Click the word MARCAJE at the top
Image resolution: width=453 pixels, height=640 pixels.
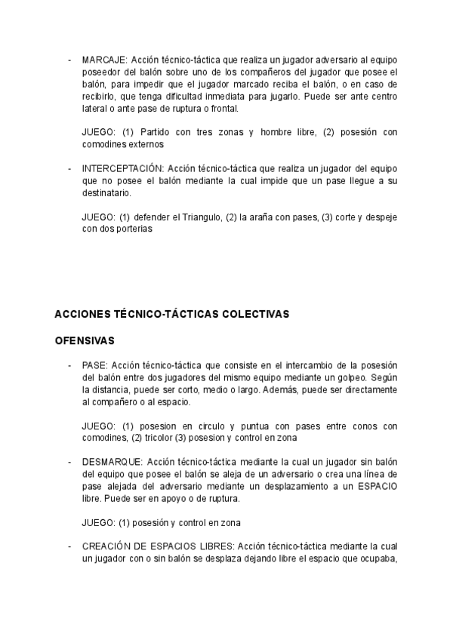[104, 60]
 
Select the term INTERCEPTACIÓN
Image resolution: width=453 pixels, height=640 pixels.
[123, 168]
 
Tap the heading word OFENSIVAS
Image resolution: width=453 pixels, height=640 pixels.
[85, 340]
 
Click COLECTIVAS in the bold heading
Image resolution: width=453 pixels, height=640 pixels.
[253, 313]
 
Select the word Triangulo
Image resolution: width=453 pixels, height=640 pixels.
[202, 217]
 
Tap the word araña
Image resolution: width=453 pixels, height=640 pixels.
[263, 217]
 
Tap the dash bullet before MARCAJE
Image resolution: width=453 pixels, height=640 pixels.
[69, 60]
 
